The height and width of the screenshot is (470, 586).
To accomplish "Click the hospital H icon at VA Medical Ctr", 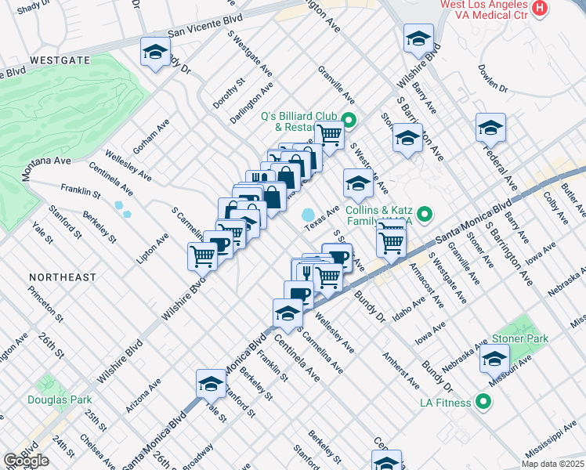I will (x=539, y=8).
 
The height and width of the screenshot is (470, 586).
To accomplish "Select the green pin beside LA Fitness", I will (x=483, y=403).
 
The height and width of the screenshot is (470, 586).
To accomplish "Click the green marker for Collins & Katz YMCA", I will (x=425, y=213).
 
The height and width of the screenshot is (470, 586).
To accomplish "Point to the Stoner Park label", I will (x=519, y=338).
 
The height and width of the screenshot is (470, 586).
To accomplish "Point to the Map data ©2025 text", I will (x=552, y=464).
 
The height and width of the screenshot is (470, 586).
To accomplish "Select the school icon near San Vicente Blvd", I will (x=155, y=52).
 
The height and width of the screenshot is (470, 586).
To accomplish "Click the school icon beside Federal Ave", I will (x=490, y=127).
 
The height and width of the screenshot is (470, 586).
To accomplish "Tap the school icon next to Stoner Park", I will (x=494, y=360).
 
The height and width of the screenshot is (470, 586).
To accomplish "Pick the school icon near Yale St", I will (x=210, y=383).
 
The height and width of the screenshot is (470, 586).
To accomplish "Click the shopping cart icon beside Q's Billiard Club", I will (x=330, y=136).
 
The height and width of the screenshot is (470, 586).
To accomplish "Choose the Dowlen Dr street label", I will (x=493, y=78).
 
